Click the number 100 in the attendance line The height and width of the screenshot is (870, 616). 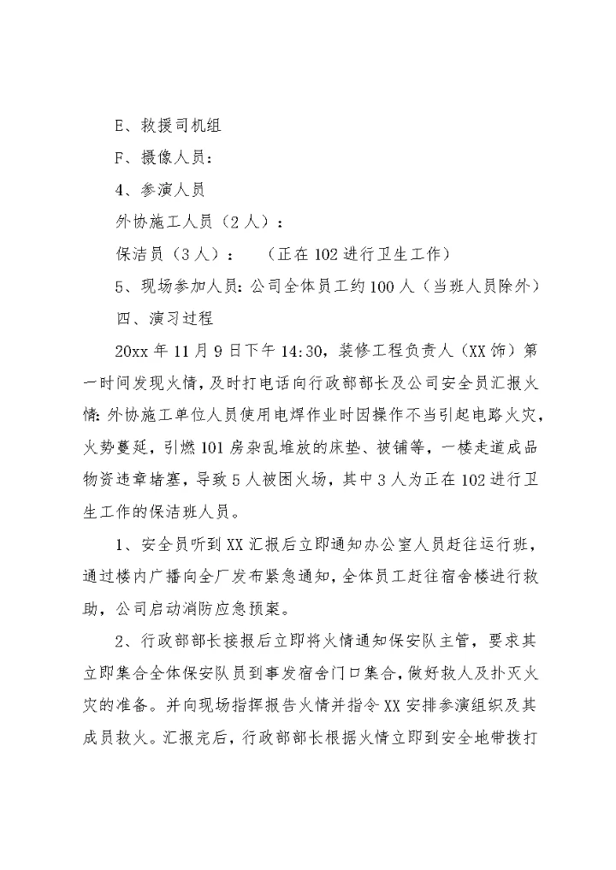(x=381, y=286)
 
